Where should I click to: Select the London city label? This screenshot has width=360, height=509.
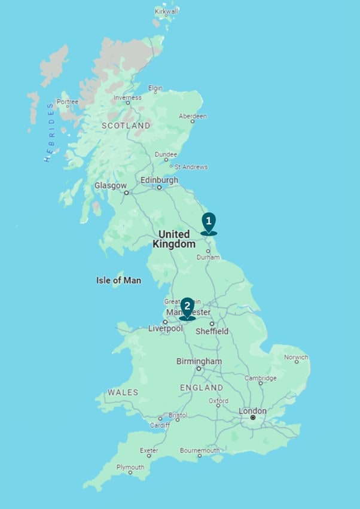pyautogui.click(x=252, y=411)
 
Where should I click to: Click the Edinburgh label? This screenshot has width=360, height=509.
pyautogui.click(x=159, y=180)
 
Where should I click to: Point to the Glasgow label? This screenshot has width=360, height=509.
pyautogui.click(x=111, y=185)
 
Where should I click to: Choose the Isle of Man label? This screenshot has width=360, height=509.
pyautogui.click(x=118, y=280)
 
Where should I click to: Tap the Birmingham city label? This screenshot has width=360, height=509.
pyautogui.click(x=199, y=361)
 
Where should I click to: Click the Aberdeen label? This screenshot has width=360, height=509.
pyautogui.click(x=193, y=116)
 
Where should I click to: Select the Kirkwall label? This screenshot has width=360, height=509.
pyautogui.click(x=167, y=11)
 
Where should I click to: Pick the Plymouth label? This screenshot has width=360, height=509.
pyautogui.click(x=130, y=467)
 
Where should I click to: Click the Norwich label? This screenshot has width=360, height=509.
pyautogui.click(x=296, y=358)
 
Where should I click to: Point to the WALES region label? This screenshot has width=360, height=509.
pyautogui.click(x=123, y=392)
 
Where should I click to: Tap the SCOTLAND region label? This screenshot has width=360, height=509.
pyautogui.click(x=126, y=126)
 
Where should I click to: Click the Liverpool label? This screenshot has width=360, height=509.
pyautogui.click(x=166, y=328)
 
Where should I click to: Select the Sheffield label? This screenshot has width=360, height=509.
pyautogui.click(x=212, y=331)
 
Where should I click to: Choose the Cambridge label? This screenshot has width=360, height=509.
pyautogui.click(x=260, y=378)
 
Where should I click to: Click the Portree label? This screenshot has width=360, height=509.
pyautogui.click(x=67, y=102)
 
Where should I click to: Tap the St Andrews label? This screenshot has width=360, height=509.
pyautogui.click(x=191, y=167)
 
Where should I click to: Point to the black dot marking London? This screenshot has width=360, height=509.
pyautogui.click(x=253, y=418)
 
